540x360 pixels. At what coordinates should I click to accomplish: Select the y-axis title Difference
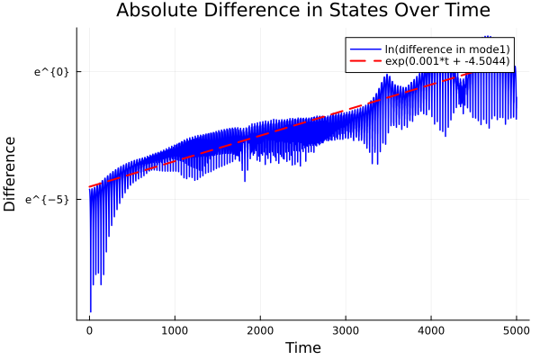pos(10,174)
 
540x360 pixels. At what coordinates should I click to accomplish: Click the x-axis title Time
pos(302,347)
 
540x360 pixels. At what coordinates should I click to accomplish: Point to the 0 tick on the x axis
pos(89,329)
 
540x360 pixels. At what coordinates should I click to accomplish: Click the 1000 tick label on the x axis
pos(175,329)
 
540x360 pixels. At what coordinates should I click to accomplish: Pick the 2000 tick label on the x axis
pos(260,329)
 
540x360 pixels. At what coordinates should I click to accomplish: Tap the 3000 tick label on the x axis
pos(346,329)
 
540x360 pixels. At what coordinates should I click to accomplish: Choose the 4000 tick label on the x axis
pos(431,329)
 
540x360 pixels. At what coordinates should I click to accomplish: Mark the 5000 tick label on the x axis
pos(517,329)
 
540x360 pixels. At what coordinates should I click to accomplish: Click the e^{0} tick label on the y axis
pos(51,71)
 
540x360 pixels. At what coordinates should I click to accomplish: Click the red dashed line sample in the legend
pos(364,61)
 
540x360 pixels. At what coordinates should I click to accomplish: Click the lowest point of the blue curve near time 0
pos(91,311)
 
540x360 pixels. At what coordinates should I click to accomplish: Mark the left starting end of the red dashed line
pos(90,186)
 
